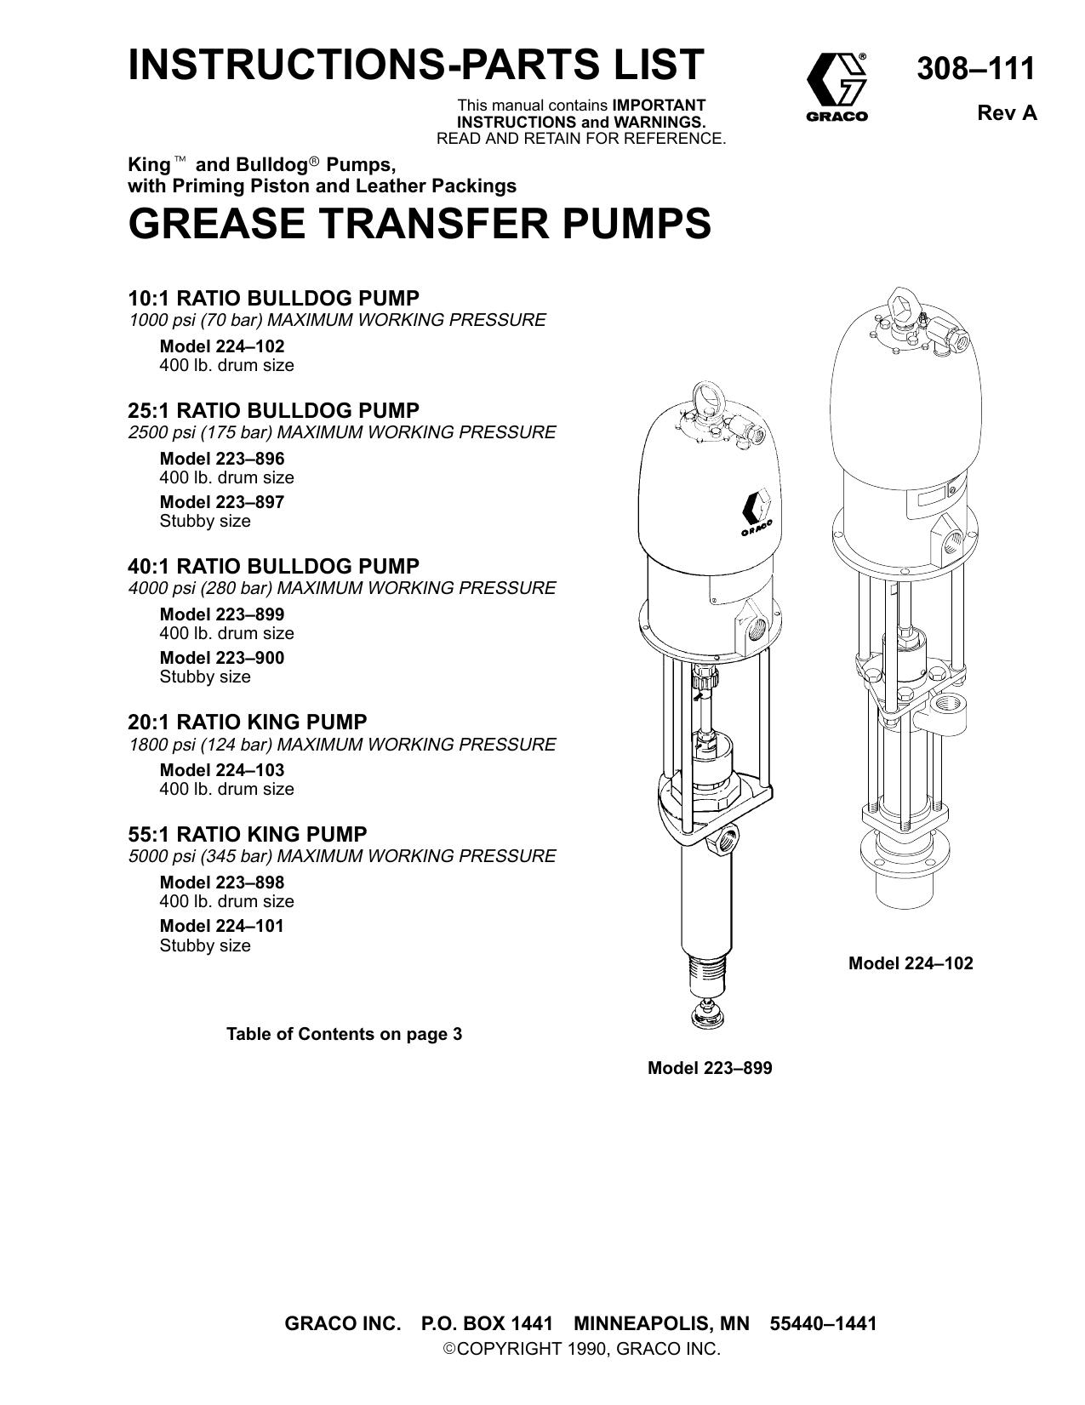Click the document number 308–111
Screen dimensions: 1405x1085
coord(975,68)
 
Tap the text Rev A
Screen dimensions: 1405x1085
coord(1007,114)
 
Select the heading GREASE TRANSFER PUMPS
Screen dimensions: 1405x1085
coord(419,224)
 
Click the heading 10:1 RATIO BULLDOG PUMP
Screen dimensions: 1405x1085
coord(273,299)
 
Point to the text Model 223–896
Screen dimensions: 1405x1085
coord(222,459)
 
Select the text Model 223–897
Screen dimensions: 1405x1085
coord(222,502)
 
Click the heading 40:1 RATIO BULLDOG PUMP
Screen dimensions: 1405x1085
coord(273,567)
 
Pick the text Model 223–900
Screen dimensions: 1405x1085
coord(222,658)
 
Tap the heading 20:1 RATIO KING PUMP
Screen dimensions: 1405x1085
coord(248,722)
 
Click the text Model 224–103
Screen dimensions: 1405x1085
coord(222,770)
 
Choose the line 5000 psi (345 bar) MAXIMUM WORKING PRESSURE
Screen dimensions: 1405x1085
coord(342,856)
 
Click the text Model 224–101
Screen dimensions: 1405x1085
coord(222,926)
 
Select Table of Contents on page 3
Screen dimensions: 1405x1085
coord(344,1035)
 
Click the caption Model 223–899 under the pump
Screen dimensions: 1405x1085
coord(710,1068)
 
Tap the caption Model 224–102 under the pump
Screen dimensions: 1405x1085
coord(911,963)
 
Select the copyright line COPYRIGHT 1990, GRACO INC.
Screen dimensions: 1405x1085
coord(581,1349)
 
